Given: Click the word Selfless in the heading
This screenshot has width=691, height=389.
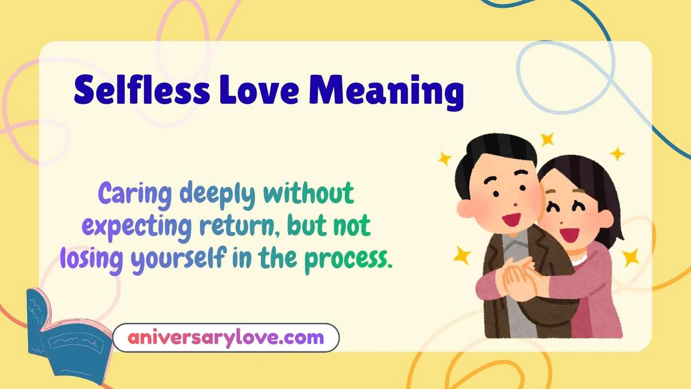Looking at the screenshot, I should (x=141, y=90).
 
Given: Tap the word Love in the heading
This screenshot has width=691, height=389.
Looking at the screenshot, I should (x=259, y=90).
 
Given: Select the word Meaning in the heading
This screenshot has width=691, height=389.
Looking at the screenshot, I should (x=387, y=91).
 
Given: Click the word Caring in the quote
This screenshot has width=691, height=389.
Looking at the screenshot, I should (x=135, y=194).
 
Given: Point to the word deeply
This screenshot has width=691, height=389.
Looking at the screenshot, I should (x=217, y=194).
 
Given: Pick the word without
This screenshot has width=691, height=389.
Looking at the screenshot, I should (x=308, y=193).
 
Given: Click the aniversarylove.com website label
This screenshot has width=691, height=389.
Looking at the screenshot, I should (x=225, y=337).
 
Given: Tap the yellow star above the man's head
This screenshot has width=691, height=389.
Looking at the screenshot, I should (x=548, y=139).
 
